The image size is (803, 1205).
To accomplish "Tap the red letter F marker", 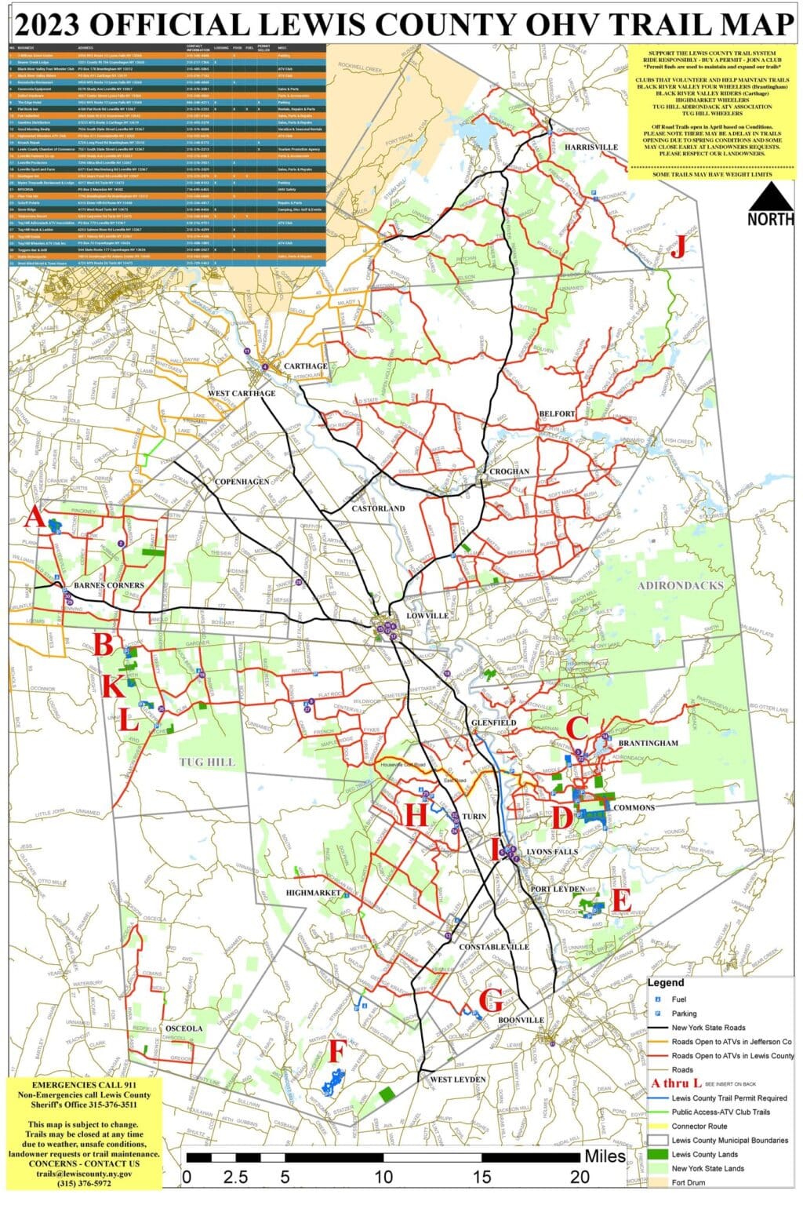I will coord(336,1050).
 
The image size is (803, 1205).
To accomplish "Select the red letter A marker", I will coord(35,519).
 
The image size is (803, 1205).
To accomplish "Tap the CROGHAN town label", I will coord(509,471).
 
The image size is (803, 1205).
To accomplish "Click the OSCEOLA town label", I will coord(185,1028).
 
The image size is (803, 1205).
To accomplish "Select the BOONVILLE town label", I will coord(521,1020).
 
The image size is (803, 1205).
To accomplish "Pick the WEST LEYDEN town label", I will coord(458,1079).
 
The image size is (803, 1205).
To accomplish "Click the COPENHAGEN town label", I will coord(242,481).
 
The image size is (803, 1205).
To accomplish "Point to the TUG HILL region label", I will coord(207,762).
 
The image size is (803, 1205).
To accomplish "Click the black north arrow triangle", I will coord(770,194).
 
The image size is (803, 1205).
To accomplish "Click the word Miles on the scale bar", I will coord(605,1156).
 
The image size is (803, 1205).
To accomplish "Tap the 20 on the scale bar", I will coord(580,1177).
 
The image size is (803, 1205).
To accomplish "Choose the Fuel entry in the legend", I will coord(678,999).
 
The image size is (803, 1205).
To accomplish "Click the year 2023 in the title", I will coord(48,24).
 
